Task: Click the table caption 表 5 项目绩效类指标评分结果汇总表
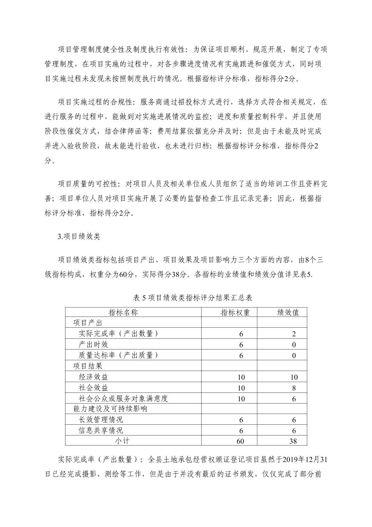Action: coord(193,298)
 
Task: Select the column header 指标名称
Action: coord(123,312)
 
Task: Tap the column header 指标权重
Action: coord(235,312)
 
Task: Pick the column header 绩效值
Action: coord(288,312)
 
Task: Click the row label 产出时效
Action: coord(93,345)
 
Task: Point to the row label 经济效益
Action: coord(93,377)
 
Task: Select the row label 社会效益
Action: coord(93,388)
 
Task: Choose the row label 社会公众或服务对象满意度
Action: coord(123,398)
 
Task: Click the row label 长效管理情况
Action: coord(100,420)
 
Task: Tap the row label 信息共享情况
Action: coord(100,431)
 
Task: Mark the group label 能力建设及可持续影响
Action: coord(110,409)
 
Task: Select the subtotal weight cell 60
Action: coord(240,441)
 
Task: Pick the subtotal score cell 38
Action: coord(293,441)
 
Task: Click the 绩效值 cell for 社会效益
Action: coord(294,388)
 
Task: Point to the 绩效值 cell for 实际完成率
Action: coord(294,334)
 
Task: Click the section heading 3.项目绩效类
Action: coord(79,236)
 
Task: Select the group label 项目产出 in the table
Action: coord(88,323)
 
